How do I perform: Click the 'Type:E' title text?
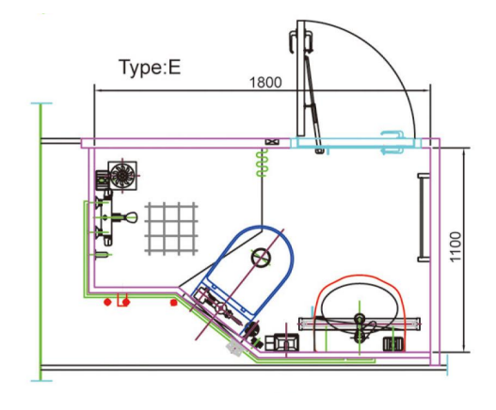point(150,67)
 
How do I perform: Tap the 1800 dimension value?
point(265,83)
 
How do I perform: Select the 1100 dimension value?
point(456,247)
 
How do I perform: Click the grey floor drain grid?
point(171,229)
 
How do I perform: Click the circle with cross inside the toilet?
point(261,258)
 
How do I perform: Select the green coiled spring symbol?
point(262,163)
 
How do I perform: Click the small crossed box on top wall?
point(272,142)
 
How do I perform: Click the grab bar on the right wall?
point(423,217)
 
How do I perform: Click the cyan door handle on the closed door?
point(393,142)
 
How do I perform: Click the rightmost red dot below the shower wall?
point(173,303)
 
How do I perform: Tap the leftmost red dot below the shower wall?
point(107,302)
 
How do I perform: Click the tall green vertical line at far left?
point(40,242)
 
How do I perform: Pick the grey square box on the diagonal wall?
point(234,348)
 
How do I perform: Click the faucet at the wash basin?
point(360,329)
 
